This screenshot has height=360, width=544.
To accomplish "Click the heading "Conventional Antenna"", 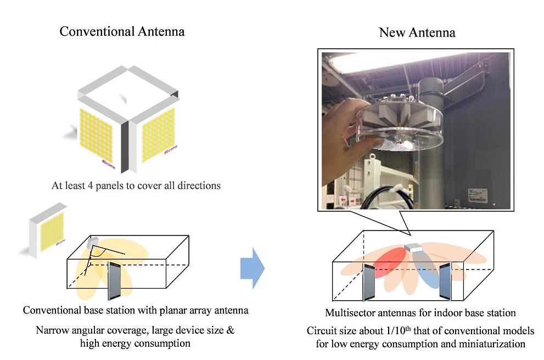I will [x=122, y=31].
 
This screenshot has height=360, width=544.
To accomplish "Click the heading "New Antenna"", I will [x=417, y=32].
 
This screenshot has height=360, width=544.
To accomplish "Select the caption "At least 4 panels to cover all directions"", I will [x=136, y=185].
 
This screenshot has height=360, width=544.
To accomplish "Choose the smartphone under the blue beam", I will [x=444, y=282].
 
